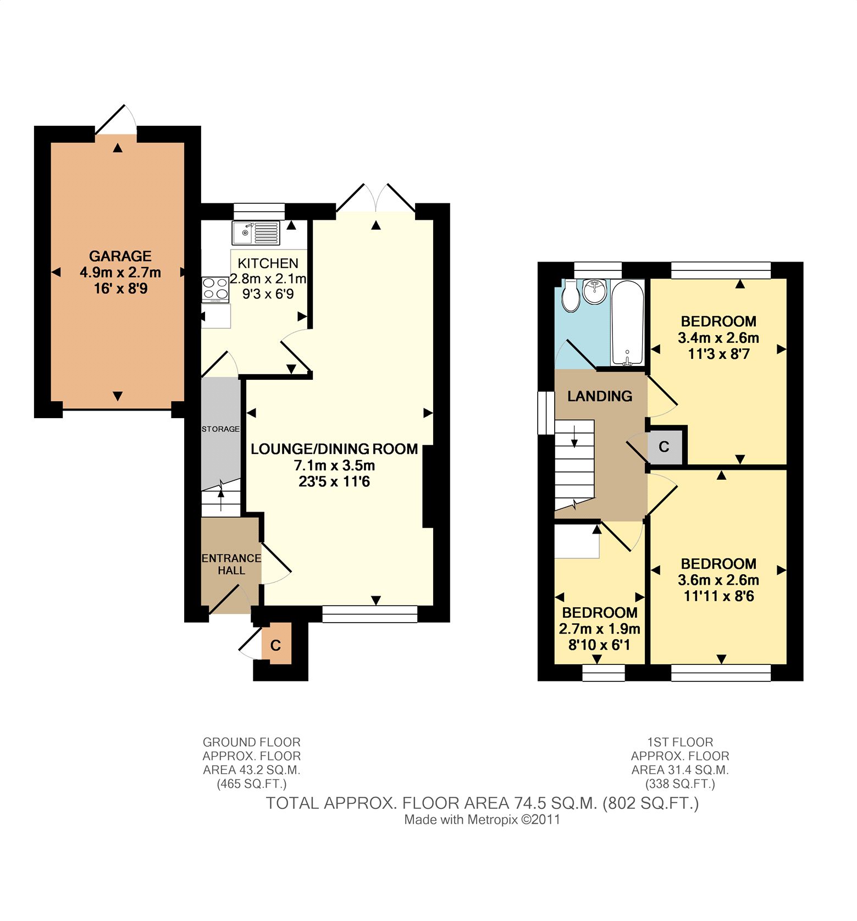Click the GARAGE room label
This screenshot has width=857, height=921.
pos(120,256)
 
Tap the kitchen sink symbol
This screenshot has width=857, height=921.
pos(256,232)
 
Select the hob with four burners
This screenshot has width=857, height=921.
pos(215,290)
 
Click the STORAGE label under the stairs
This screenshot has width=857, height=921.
pos(220,429)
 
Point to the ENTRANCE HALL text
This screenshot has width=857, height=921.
pos(231,564)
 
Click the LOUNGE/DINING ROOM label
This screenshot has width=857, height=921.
pos(334,449)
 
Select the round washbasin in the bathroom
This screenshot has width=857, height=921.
pos(595,291)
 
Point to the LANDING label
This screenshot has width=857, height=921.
pos(600,396)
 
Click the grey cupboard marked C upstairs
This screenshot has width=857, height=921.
pos(664,447)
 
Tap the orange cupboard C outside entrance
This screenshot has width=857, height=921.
pos(276,645)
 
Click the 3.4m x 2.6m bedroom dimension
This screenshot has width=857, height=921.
pos(718,337)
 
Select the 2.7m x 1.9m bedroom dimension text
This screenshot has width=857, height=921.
pos(599,629)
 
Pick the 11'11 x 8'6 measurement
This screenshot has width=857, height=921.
pos(718,596)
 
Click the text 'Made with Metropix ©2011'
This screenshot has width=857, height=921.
pos(482,820)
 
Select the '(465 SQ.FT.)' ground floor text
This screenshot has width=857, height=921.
pos(252,784)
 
